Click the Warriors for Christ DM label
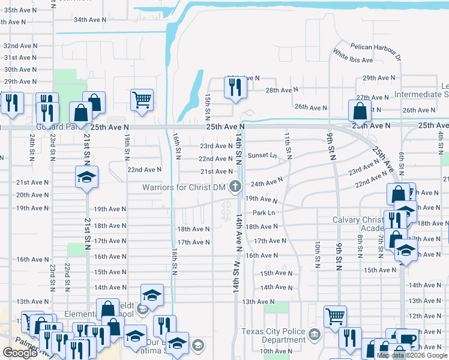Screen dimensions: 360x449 click(184, 187)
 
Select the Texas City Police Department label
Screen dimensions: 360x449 click(273, 335)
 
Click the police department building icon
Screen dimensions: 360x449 click(314, 334)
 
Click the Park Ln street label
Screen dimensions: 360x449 click(264, 213)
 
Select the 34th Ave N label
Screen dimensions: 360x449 click(89, 20)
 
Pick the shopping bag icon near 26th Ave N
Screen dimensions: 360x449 click(359, 110)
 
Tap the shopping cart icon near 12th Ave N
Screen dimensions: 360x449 click(334, 316)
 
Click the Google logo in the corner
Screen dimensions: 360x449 click(20, 353)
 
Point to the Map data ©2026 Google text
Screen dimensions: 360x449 click(412, 355)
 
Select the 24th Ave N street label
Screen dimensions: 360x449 click(266, 181)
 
